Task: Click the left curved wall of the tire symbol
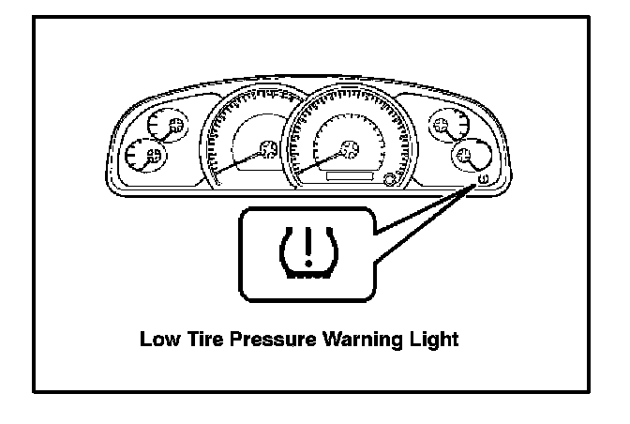286,251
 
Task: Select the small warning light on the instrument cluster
482,178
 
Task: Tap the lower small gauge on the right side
463,156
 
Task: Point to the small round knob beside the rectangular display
390,177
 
